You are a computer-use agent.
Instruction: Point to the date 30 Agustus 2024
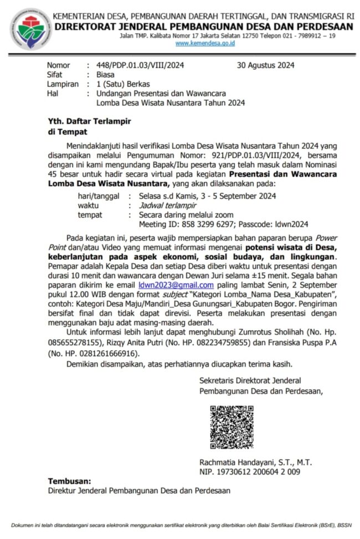point(265,65)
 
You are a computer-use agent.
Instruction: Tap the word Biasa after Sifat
point(106,74)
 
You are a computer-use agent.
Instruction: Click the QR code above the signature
point(232,427)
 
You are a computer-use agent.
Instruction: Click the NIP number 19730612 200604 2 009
point(259,472)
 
